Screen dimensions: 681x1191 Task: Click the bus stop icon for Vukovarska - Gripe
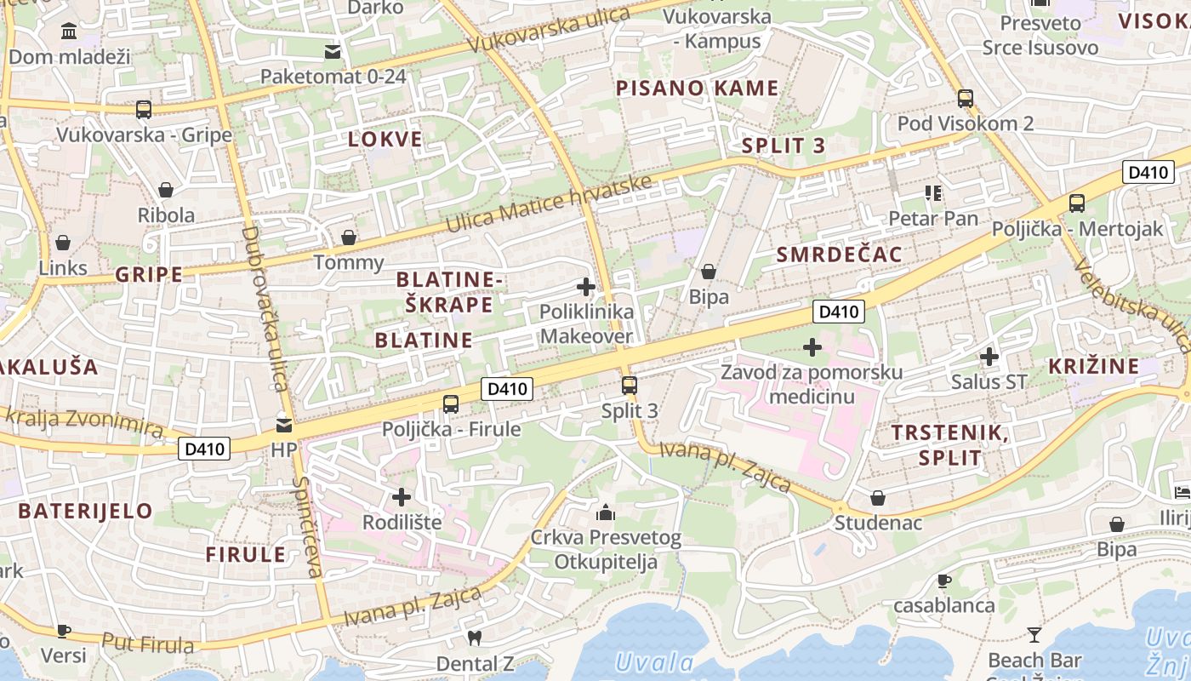[144, 110]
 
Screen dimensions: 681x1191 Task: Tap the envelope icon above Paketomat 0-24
[333, 52]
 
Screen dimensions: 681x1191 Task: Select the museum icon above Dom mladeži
[69, 32]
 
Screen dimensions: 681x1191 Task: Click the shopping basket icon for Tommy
[348, 237]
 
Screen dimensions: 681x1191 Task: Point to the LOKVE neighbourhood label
[385, 140]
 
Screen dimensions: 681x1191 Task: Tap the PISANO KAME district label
[697, 88]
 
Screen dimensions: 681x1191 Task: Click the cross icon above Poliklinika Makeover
[586, 287]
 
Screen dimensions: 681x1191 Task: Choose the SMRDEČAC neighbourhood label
[839, 255]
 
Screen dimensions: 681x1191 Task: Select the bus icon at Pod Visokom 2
[965, 98]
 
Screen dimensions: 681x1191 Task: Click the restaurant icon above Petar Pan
[933, 193]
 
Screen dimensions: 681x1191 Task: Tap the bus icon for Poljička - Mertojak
[1076, 203]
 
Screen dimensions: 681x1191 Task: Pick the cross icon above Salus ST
[989, 357]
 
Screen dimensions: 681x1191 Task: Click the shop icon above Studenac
[877, 498]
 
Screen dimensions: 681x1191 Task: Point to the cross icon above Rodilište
[402, 496]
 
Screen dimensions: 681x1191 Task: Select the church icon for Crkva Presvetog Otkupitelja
[606, 512]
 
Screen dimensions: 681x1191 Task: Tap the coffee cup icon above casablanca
[943, 581]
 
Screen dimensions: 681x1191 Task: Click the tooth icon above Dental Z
[475, 638]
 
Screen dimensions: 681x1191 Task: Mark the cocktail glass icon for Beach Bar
[1034, 634]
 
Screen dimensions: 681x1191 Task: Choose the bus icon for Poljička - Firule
[451, 404]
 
